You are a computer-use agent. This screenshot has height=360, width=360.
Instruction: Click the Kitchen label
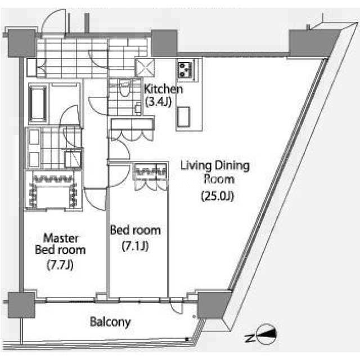[163, 89]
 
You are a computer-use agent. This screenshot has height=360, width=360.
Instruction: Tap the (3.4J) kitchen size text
[159, 101]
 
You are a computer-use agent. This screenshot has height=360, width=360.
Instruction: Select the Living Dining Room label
[215, 173]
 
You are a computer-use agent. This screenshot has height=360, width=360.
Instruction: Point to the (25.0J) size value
[218, 196]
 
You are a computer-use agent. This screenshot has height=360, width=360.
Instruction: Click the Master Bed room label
[60, 244]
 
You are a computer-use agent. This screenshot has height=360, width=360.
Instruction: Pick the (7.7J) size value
[60, 265]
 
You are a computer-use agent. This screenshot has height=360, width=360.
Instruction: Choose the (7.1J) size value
[135, 246]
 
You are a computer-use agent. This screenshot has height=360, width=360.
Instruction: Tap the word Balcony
[110, 322]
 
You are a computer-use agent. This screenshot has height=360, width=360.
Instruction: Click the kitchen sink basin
[183, 117]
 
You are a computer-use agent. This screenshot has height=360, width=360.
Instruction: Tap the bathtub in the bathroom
[38, 103]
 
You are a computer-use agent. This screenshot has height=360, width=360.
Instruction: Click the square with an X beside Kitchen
[145, 67]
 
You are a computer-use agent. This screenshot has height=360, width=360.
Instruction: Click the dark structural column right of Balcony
[214, 305]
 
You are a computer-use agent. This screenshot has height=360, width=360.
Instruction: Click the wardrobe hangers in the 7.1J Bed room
[150, 172]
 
